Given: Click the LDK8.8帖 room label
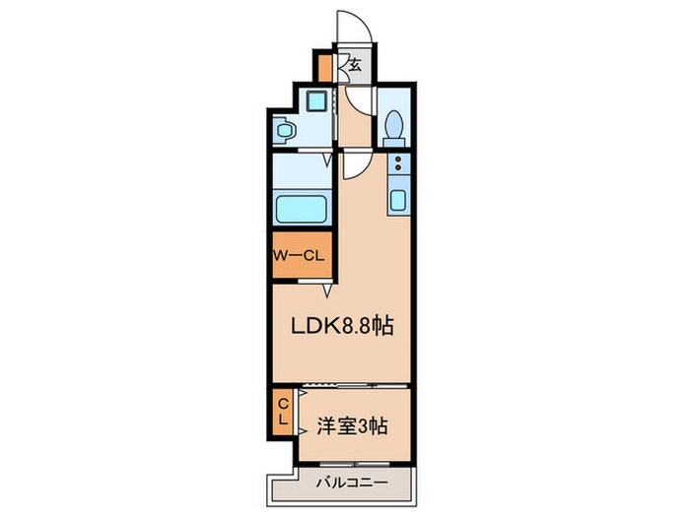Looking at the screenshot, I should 340,326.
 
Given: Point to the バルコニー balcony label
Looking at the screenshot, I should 350,484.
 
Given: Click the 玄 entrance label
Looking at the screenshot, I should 352,67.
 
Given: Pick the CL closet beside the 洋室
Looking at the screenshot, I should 282,412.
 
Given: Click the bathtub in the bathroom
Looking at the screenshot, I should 302,210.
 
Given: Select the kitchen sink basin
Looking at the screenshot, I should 398,201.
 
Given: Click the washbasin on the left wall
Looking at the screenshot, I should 284,129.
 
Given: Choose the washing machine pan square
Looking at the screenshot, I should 316,100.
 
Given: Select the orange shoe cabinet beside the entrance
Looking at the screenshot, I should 324,70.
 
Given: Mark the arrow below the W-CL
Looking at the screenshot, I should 326,291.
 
